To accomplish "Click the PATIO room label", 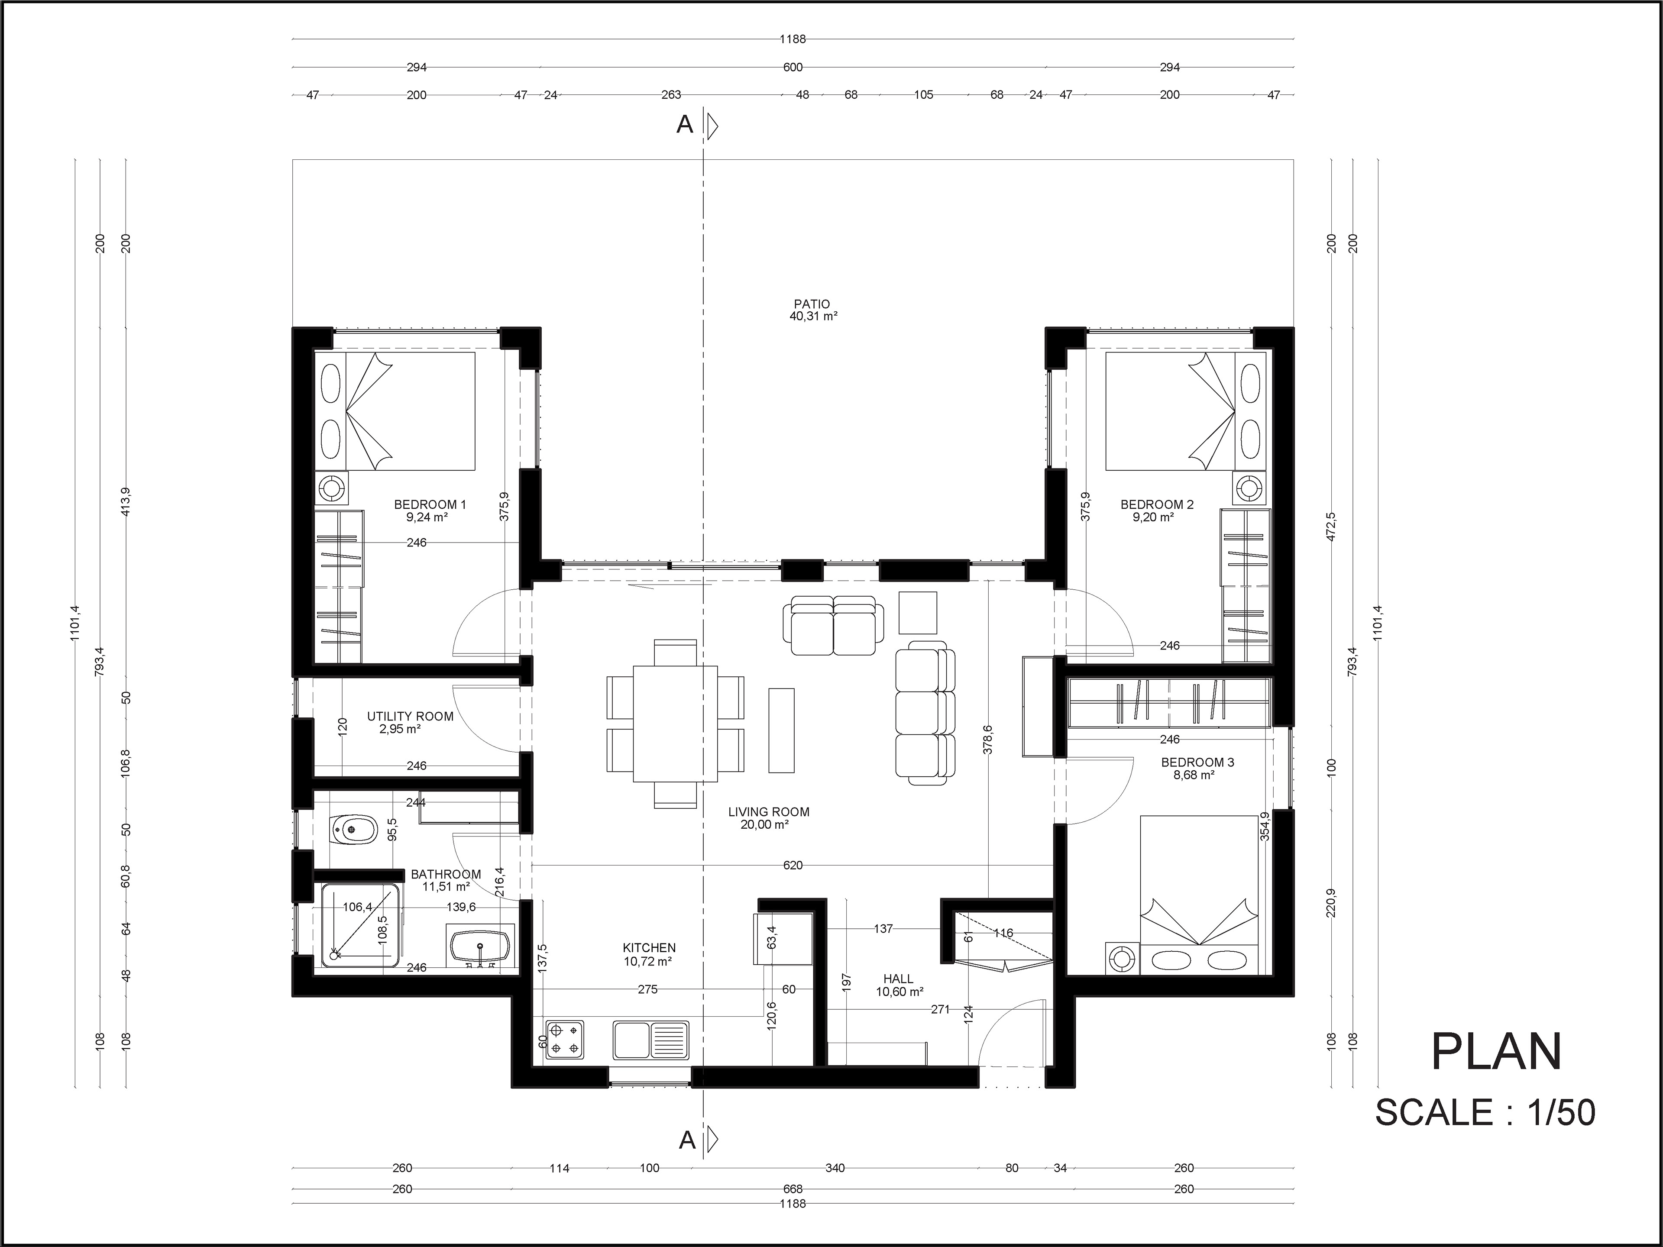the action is (x=812, y=304).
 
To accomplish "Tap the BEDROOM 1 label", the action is (x=430, y=504).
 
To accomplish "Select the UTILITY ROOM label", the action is (x=410, y=716).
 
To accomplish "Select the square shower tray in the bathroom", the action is (x=360, y=924).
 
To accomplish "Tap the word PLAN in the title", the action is (x=1497, y=1052).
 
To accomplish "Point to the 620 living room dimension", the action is (x=793, y=865).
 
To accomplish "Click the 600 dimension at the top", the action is (x=793, y=67).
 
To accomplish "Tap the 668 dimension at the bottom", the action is (x=793, y=1189).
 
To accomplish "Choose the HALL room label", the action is (x=899, y=979).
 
